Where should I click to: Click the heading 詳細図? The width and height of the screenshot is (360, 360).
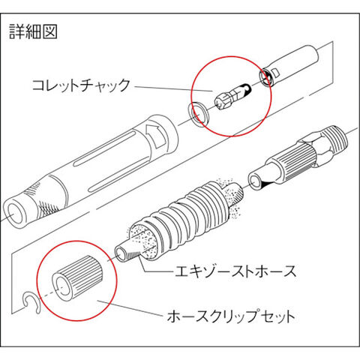(x=33, y=31)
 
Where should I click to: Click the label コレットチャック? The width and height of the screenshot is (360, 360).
(x=81, y=85)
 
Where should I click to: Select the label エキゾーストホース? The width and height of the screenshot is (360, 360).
(x=235, y=271)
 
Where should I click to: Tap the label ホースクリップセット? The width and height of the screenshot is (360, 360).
(x=231, y=316)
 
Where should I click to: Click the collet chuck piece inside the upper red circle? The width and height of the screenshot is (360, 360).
(x=232, y=97)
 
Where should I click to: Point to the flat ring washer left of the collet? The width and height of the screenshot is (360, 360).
(x=199, y=114)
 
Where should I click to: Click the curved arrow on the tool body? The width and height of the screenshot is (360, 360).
(x=156, y=136)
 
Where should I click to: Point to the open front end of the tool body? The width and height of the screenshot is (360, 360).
(x=14, y=213)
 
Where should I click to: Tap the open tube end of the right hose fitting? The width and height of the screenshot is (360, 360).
(x=256, y=183)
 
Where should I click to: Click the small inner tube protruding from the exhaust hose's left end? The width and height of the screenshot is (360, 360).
(x=125, y=253)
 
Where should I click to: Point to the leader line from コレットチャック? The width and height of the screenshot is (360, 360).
(x=173, y=88)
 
